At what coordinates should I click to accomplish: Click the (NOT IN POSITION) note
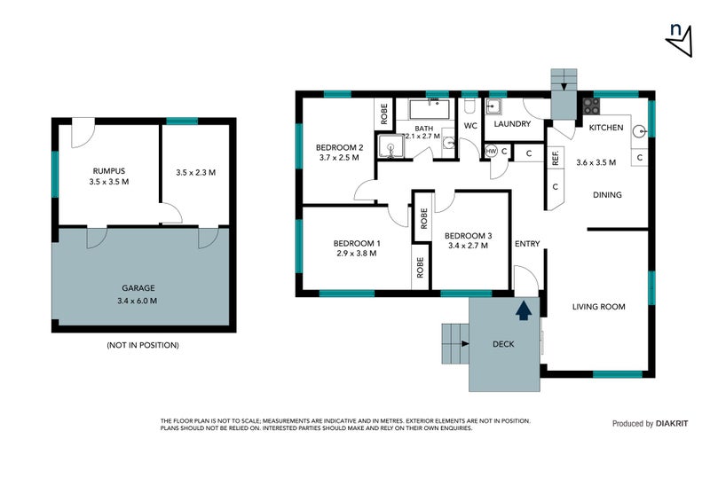[x=142, y=344]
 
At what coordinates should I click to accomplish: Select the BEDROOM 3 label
[x=468, y=235]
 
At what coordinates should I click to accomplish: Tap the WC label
[x=470, y=127]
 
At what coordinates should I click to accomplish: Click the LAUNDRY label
[x=512, y=124]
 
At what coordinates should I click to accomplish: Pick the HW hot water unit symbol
[x=491, y=152]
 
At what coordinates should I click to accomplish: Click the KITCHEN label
[x=606, y=128]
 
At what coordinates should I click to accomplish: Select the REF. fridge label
[x=555, y=159]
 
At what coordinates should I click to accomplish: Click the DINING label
[x=607, y=195]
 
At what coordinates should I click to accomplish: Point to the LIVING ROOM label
[x=598, y=307]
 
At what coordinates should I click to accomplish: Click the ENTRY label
[x=527, y=244]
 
